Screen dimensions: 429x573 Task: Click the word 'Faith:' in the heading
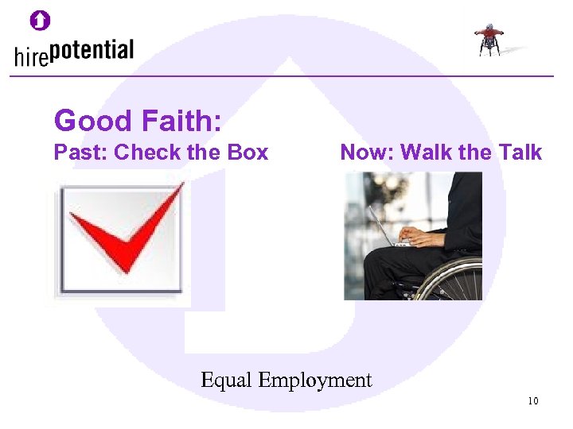[x=181, y=121]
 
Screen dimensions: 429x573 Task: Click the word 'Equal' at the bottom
[x=226, y=381]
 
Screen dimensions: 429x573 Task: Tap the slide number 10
[x=532, y=400]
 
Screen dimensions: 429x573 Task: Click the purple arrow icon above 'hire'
[x=40, y=20]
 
